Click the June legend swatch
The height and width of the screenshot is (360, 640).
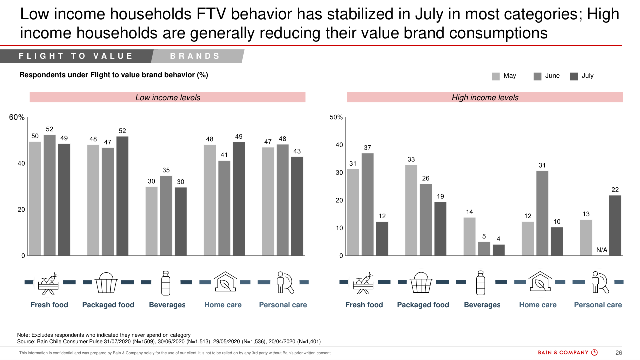tap(538, 76)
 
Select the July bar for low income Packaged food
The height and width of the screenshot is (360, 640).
tap(122, 196)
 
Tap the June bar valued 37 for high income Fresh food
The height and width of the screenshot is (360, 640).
tap(368, 204)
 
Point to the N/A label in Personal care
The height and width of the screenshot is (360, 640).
tap(602, 250)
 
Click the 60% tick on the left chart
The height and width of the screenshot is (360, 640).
tap(17, 118)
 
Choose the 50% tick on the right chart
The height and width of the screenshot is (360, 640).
tap(336, 118)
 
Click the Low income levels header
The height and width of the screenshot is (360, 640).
tap(168, 98)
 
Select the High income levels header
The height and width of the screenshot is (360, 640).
tap(485, 98)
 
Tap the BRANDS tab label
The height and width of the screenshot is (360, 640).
tap(195, 56)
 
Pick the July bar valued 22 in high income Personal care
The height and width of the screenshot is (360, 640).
tap(615, 225)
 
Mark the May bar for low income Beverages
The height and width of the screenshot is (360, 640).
tap(151, 221)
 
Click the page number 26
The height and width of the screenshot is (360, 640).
tap(618, 353)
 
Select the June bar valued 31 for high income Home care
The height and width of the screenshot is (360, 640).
tap(542, 213)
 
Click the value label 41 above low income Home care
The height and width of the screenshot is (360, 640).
tap(224, 155)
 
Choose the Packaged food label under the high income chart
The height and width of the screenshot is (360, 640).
tap(423, 305)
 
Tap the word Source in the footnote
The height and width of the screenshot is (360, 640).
tap(26, 342)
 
